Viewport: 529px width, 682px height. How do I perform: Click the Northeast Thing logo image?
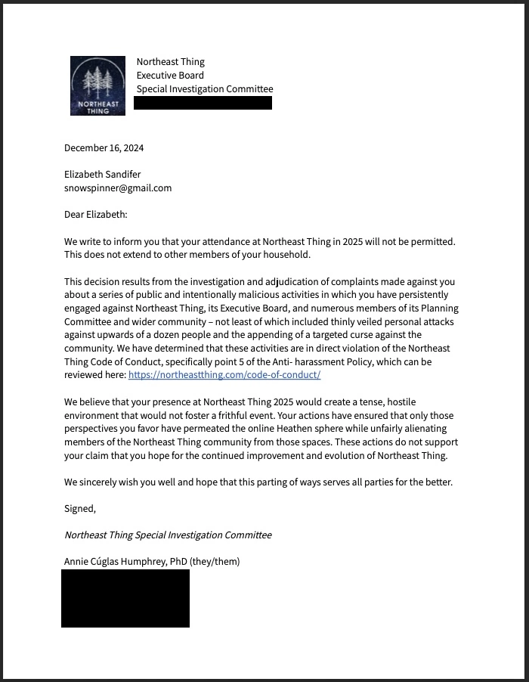pos(97,85)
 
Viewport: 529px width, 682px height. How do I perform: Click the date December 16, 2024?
pos(104,147)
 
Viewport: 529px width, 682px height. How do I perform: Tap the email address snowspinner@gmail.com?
pos(118,188)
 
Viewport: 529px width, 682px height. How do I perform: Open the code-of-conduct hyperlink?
pos(224,375)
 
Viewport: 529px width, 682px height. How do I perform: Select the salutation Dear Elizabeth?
pos(96,215)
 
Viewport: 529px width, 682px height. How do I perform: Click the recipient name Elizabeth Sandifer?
pos(102,174)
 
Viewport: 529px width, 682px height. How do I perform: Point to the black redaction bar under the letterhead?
pos(203,103)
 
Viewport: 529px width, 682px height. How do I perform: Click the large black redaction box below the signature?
pos(125,598)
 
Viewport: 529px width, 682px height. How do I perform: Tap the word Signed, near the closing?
pos(80,508)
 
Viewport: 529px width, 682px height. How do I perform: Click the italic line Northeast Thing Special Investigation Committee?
pos(168,535)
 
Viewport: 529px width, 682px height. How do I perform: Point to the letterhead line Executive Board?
pos(170,75)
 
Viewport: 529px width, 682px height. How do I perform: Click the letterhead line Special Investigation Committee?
pos(205,88)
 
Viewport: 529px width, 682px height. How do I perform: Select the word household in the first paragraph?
pos(284,255)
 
